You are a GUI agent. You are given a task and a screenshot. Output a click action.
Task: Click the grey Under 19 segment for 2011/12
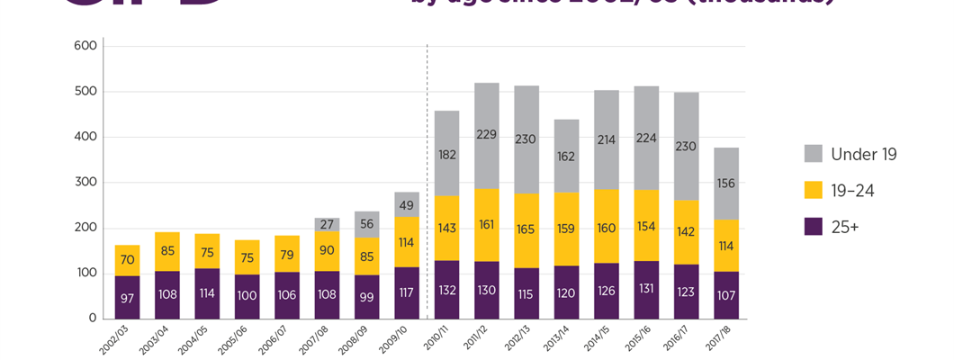pos(487,135)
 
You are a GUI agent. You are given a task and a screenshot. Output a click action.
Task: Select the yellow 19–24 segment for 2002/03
pos(127,260)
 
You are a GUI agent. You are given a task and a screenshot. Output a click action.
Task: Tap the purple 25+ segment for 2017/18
pos(725,295)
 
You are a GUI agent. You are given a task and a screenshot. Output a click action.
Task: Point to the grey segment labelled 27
pos(327,225)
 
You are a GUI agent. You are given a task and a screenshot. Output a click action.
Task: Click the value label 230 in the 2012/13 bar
pos(526,139)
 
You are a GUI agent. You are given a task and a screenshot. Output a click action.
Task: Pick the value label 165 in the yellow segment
pos(526,229)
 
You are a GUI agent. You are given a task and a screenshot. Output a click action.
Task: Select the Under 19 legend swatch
pos(814,154)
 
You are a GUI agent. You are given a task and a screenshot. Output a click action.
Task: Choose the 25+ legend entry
pos(832,228)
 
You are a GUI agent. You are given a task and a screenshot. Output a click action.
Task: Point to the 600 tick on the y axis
pos(85,46)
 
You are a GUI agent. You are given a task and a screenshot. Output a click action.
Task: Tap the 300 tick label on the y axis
pos(85,182)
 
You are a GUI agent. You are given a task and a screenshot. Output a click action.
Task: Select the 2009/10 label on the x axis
pos(392,339)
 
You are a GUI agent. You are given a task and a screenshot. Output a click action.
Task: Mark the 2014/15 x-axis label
pos(592,339)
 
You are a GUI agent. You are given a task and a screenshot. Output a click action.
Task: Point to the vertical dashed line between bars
pos(427,180)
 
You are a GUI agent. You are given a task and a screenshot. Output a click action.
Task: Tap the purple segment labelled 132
pos(446,290)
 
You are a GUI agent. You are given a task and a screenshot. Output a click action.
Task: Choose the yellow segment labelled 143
pos(446,229)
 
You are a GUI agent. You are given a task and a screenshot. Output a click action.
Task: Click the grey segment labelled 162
pos(566,156)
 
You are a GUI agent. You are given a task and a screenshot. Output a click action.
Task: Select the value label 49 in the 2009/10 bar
pos(407,205)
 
